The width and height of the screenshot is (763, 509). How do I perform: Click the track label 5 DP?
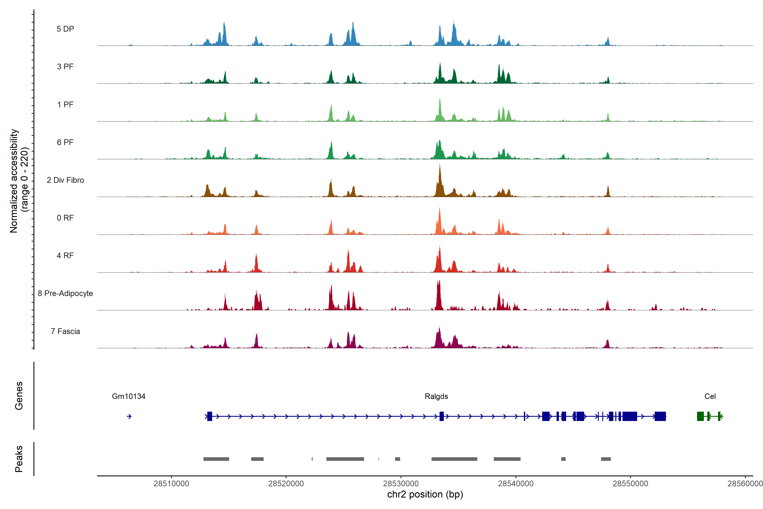click(65, 29)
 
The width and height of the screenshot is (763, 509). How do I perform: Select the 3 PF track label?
click(65, 67)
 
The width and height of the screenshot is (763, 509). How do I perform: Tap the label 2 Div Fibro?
click(65, 180)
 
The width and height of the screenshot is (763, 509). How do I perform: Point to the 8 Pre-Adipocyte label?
click(65, 294)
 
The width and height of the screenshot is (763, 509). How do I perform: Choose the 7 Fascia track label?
click(65, 331)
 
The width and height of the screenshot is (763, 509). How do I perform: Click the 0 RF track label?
click(65, 218)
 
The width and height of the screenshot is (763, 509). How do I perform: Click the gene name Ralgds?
click(436, 396)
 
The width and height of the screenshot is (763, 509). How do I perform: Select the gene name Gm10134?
click(128, 396)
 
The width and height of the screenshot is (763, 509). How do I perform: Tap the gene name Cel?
click(710, 396)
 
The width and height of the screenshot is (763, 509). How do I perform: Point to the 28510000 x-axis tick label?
click(171, 484)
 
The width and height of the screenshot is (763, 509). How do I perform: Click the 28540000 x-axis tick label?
click(515, 484)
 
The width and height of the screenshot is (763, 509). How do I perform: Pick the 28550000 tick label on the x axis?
click(630, 484)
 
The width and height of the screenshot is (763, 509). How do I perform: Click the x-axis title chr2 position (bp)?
click(425, 494)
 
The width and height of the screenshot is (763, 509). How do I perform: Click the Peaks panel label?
click(19, 459)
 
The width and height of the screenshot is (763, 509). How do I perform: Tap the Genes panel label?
click(19, 396)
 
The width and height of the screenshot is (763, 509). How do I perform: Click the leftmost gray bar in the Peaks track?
click(216, 459)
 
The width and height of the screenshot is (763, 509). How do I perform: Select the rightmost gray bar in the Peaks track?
click(606, 459)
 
